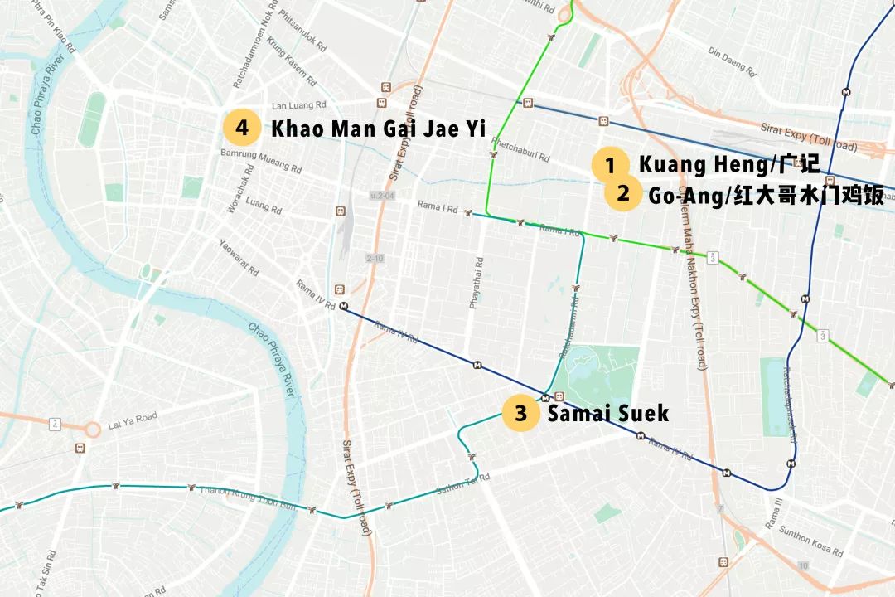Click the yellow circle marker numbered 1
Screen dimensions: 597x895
(x=611, y=165)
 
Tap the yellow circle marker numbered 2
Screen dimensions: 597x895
(x=623, y=195)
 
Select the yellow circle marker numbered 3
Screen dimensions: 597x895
(x=520, y=413)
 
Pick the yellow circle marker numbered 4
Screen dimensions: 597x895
(x=241, y=128)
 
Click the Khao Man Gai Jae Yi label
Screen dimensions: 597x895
(x=378, y=129)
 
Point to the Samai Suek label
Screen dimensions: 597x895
(x=607, y=413)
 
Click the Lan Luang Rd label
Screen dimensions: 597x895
(x=299, y=106)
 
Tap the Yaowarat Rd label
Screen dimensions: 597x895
(x=239, y=258)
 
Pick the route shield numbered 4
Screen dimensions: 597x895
(x=55, y=425)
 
